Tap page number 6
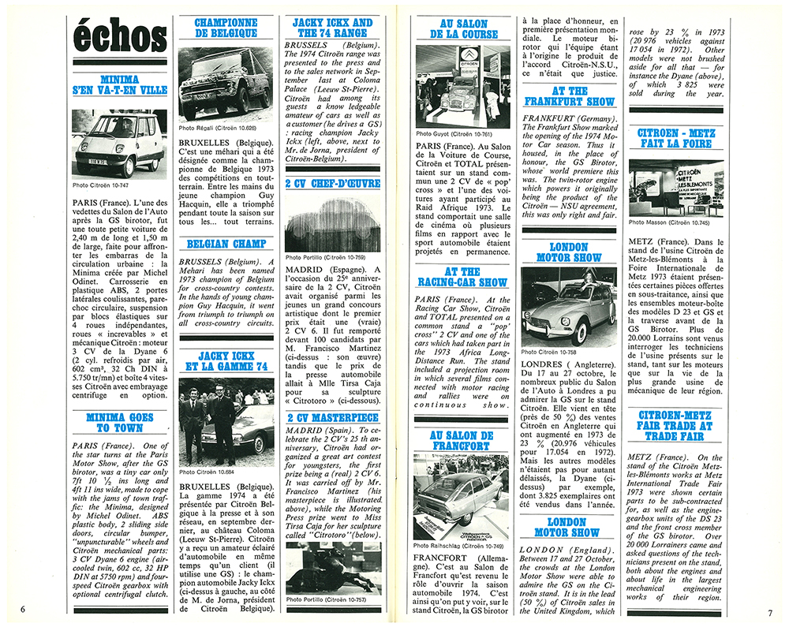(x=24, y=607)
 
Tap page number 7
(x=768, y=612)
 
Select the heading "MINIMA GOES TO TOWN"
(x=120, y=421)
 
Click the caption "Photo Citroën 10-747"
(x=103, y=187)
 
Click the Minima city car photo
(x=120, y=142)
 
